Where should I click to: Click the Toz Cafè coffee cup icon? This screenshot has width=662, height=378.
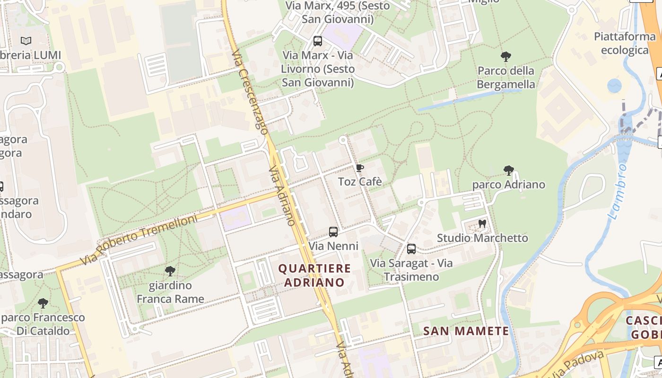coord(359,168)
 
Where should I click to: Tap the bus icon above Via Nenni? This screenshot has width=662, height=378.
coord(333,232)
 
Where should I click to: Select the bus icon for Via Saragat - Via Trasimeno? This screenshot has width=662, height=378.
coord(411,249)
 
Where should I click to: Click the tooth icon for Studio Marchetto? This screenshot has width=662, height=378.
coord(482,223)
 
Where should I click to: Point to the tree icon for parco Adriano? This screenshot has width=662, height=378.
coord(509,170)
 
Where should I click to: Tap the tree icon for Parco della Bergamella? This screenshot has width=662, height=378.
coord(506,57)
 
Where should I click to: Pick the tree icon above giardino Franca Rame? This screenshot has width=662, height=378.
coord(170,271)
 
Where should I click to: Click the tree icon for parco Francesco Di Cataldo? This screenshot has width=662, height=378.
coord(43,303)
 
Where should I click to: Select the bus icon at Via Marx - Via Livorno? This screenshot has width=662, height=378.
coord(318,41)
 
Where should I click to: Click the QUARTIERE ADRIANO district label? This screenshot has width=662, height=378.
coord(314,275)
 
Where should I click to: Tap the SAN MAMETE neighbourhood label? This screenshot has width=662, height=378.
coord(466,331)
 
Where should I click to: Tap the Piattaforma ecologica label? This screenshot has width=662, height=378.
coord(624,43)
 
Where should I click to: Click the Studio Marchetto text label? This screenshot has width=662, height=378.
coord(482,238)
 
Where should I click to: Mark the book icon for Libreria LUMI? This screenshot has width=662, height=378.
coord(26,41)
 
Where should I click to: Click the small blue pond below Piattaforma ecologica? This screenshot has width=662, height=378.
coord(614,86)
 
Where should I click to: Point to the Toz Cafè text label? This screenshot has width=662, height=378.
coord(359,182)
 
